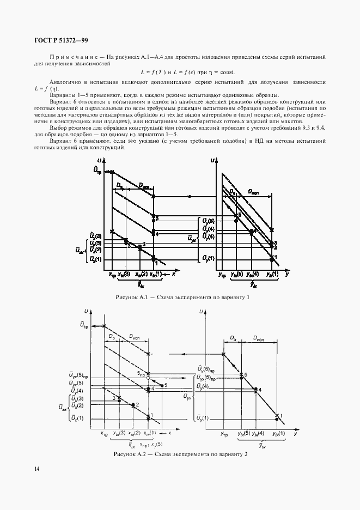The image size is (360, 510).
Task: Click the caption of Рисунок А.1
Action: pyautogui.click(x=182, y=297)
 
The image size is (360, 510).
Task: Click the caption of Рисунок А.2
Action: pyautogui.click(x=180, y=454)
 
